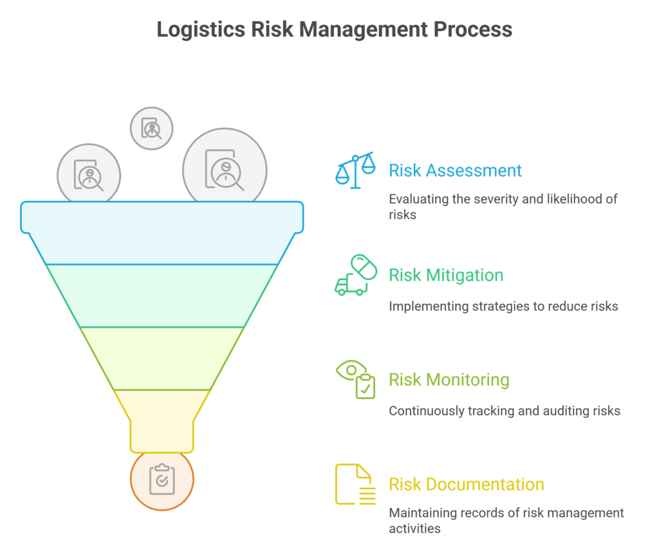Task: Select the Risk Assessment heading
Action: (x=455, y=171)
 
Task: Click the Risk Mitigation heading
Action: (x=446, y=275)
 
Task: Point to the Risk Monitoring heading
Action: (x=449, y=380)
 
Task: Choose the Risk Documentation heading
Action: (x=466, y=484)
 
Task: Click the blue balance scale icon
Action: (x=355, y=170)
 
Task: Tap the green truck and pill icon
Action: (x=356, y=276)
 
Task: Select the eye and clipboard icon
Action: (x=356, y=380)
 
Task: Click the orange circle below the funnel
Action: (x=162, y=480)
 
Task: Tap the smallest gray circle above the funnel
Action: (x=152, y=128)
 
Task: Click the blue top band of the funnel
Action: (x=162, y=232)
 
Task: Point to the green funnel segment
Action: (x=162, y=295)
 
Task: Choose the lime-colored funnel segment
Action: (x=162, y=358)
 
